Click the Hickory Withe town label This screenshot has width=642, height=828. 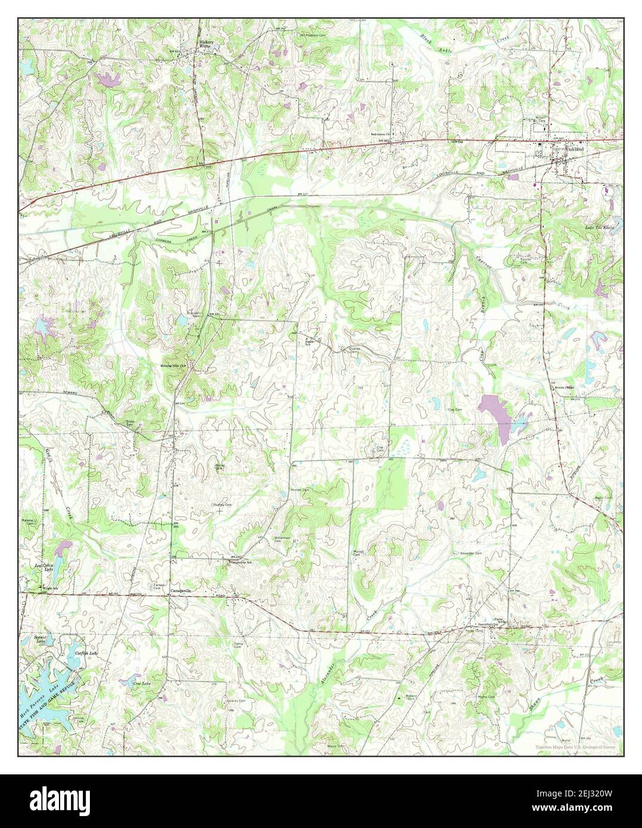[x=207, y=44]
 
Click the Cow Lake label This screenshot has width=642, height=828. [x=141, y=683]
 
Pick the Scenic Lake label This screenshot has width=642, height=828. [x=40, y=639]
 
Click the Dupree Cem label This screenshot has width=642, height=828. [x=354, y=351]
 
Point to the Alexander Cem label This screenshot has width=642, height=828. [x=470, y=553]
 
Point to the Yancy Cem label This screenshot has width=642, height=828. [x=238, y=645]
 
